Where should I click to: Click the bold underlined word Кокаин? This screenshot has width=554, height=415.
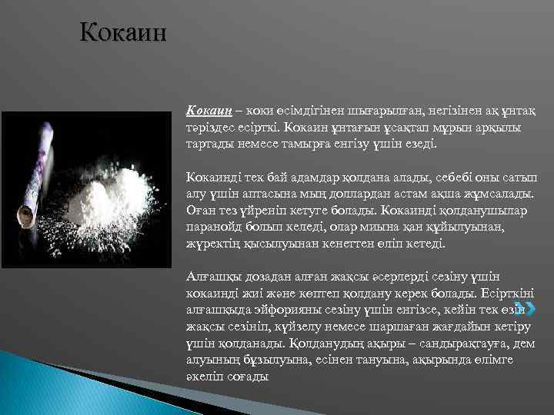[x=209, y=114]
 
